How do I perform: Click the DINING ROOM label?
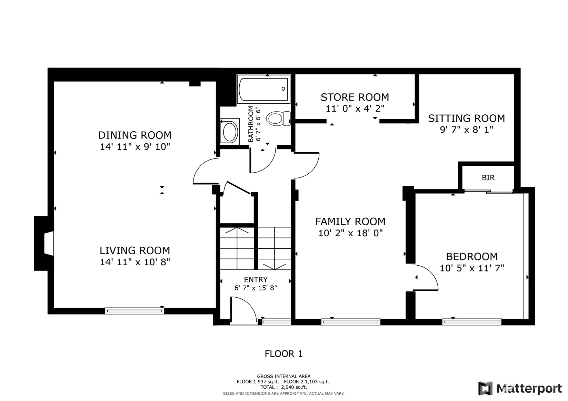point(134,135)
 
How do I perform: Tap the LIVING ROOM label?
point(134,250)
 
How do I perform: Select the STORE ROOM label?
point(355,97)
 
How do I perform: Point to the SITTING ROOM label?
point(466,119)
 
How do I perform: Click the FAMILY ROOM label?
point(350,222)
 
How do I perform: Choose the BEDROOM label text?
point(472,257)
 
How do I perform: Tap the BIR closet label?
point(488,178)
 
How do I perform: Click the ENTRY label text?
point(256,280)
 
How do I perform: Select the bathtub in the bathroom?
point(264,89)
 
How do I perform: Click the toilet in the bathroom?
point(278,119)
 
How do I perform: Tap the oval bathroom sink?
point(230,132)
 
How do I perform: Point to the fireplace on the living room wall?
point(44,244)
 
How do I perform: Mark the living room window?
point(134,311)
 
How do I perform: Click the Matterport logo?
point(520,388)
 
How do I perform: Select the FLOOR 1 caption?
point(284,354)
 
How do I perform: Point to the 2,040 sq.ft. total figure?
point(294,387)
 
